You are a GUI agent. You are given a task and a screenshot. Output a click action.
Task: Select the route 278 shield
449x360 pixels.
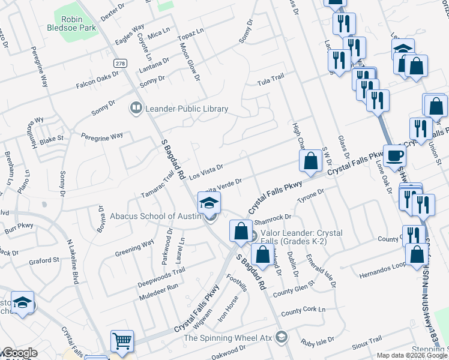click(x=121, y=62)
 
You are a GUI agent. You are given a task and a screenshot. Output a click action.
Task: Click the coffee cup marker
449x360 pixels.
click(x=394, y=156)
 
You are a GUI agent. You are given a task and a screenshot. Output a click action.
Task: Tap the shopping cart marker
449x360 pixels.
click(x=122, y=342)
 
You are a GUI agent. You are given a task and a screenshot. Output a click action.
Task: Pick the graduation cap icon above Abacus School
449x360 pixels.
click(x=209, y=203)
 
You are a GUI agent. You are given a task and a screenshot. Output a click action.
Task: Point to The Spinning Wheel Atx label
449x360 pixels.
click(x=228, y=338)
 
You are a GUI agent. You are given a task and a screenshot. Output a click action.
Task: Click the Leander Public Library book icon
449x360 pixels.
click(x=136, y=109)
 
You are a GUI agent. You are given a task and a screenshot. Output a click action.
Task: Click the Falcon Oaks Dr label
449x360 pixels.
click(x=98, y=81)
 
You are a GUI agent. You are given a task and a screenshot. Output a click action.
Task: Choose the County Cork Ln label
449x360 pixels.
click(x=303, y=311)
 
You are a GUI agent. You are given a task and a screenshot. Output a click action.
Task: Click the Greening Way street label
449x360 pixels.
click(x=135, y=248)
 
